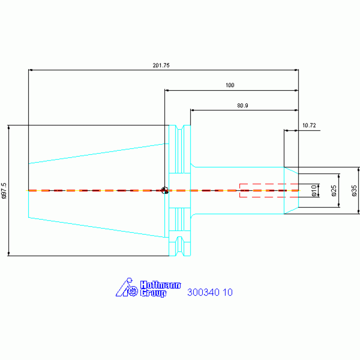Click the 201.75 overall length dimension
pos(161,65)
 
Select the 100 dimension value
pos(230,85)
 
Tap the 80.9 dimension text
pos(243,106)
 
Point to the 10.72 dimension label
pos(309,125)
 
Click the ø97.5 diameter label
pos(4,191)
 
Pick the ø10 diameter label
pos(314,191)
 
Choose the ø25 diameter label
pos(334,191)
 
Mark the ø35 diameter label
pos(354,191)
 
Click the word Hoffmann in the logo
pos(161,285)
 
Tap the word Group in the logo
pos(153,293)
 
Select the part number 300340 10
pos(210,292)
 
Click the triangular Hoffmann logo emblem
pos(127,287)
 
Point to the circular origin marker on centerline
pos(165,191)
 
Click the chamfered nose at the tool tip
pos(291,191)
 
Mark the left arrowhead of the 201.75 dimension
pos(30,70)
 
